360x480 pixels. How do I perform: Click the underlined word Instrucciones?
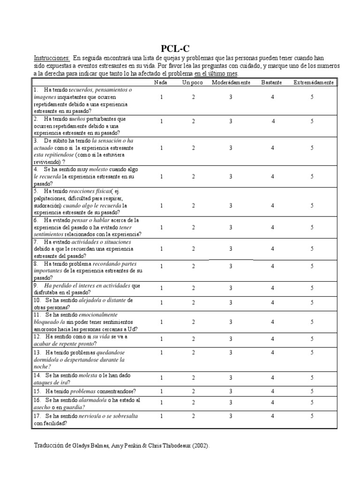[x=52, y=58]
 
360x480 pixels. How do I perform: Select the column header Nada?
[x=161, y=82]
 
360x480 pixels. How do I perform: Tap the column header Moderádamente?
[x=230, y=82]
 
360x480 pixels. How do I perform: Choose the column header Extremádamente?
[x=314, y=82]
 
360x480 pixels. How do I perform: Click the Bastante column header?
[x=272, y=82]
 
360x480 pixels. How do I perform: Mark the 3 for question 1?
[x=231, y=97]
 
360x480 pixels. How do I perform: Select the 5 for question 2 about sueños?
[x=312, y=121]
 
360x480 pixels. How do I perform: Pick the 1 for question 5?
[x=161, y=205]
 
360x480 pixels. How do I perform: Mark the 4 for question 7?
[x=272, y=249]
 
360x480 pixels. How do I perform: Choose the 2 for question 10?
[x=193, y=302]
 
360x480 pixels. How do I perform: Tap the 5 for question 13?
[x=312, y=352]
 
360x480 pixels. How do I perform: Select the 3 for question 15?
[x=231, y=391]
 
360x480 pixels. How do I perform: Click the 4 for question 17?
[x=272, y=415]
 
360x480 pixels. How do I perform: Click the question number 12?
[x=37, y=337]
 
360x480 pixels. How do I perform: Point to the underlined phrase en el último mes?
[x=216, y=74]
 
